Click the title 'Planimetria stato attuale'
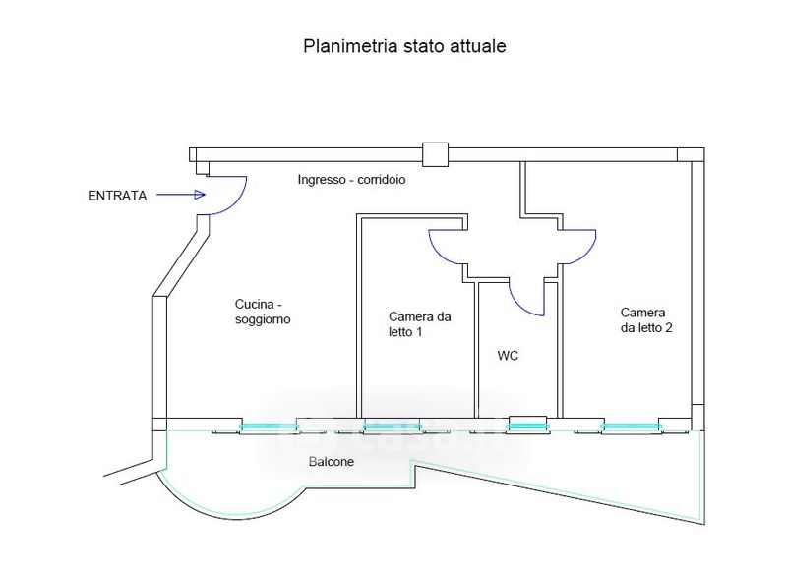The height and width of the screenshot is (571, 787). pyautogui.click(x=403, y=46)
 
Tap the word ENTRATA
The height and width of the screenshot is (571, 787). pyautogui.click(x=117, y=196)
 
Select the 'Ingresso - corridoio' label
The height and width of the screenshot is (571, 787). pyautogui.click(x=352, y=181)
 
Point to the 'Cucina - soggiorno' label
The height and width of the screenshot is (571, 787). pyautogui.click(x=263, y=312)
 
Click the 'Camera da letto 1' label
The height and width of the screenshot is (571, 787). pyautogui.click(x=420, y=324)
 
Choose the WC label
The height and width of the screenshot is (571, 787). pyautogui.click(x=508, y=356)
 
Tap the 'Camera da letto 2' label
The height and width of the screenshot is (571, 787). pyautogui.click(x=646, y=319)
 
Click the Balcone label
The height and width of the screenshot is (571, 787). pyautogui.click(x=331, y=462)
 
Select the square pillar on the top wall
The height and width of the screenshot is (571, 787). pyautogui.click(x=435, y=154)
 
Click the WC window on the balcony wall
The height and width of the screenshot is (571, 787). pyautogui.click(x=527, y=426)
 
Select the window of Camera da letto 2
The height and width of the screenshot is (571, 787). pyautogui.click(x=631, y=426)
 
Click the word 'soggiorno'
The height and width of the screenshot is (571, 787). pyautogui.click(x=263, y=320)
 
